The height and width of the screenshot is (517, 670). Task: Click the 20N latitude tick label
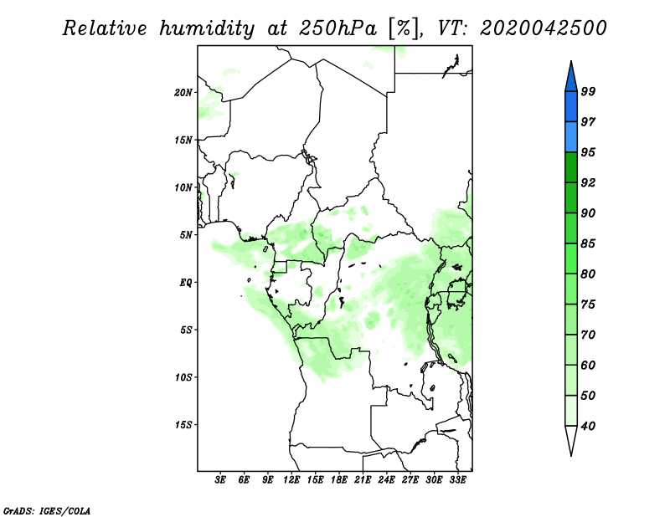(183, 93)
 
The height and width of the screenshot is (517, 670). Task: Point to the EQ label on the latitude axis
(185, 283)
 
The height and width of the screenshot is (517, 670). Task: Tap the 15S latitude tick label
(183, 425)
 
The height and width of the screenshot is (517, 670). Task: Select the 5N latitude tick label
(186, 235)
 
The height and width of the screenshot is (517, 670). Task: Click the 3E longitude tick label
(219, 480)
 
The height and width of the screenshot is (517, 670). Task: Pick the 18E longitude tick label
(339, 480)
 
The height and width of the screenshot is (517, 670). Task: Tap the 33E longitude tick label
(457, 480)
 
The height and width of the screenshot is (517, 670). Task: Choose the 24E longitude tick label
(386, 480)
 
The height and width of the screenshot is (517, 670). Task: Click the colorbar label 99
(588, 91)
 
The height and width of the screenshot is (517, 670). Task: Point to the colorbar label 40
(588, 426)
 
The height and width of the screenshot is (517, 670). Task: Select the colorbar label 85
(588, 243)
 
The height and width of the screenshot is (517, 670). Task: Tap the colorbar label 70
(588, 335)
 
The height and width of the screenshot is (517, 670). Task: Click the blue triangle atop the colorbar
(571, 79)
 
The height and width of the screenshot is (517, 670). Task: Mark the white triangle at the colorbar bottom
(571, 438)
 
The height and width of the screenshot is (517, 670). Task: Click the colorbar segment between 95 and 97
(571, 137)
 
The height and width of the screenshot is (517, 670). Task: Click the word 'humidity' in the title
(207, 29)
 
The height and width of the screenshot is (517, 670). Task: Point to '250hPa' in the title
(338, 29)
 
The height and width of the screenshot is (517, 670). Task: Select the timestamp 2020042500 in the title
(543, 28)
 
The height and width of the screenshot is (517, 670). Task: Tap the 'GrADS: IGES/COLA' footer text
(47, 510)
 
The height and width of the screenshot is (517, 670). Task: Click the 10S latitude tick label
(183, 377)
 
